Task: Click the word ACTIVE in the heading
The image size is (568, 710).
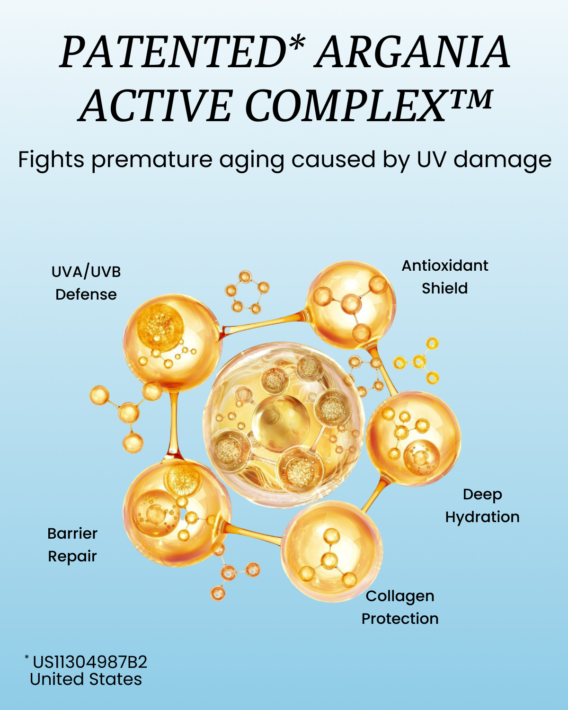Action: [x=155, y=106]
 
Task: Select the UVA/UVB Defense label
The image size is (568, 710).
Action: [x=86, y=283]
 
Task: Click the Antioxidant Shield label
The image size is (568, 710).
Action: [x=444, y=277]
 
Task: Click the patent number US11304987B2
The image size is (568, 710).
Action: [x=90, y=662]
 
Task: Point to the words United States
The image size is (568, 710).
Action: [x=86, y=679]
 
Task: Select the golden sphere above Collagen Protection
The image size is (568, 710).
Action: [x=332, y=551]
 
